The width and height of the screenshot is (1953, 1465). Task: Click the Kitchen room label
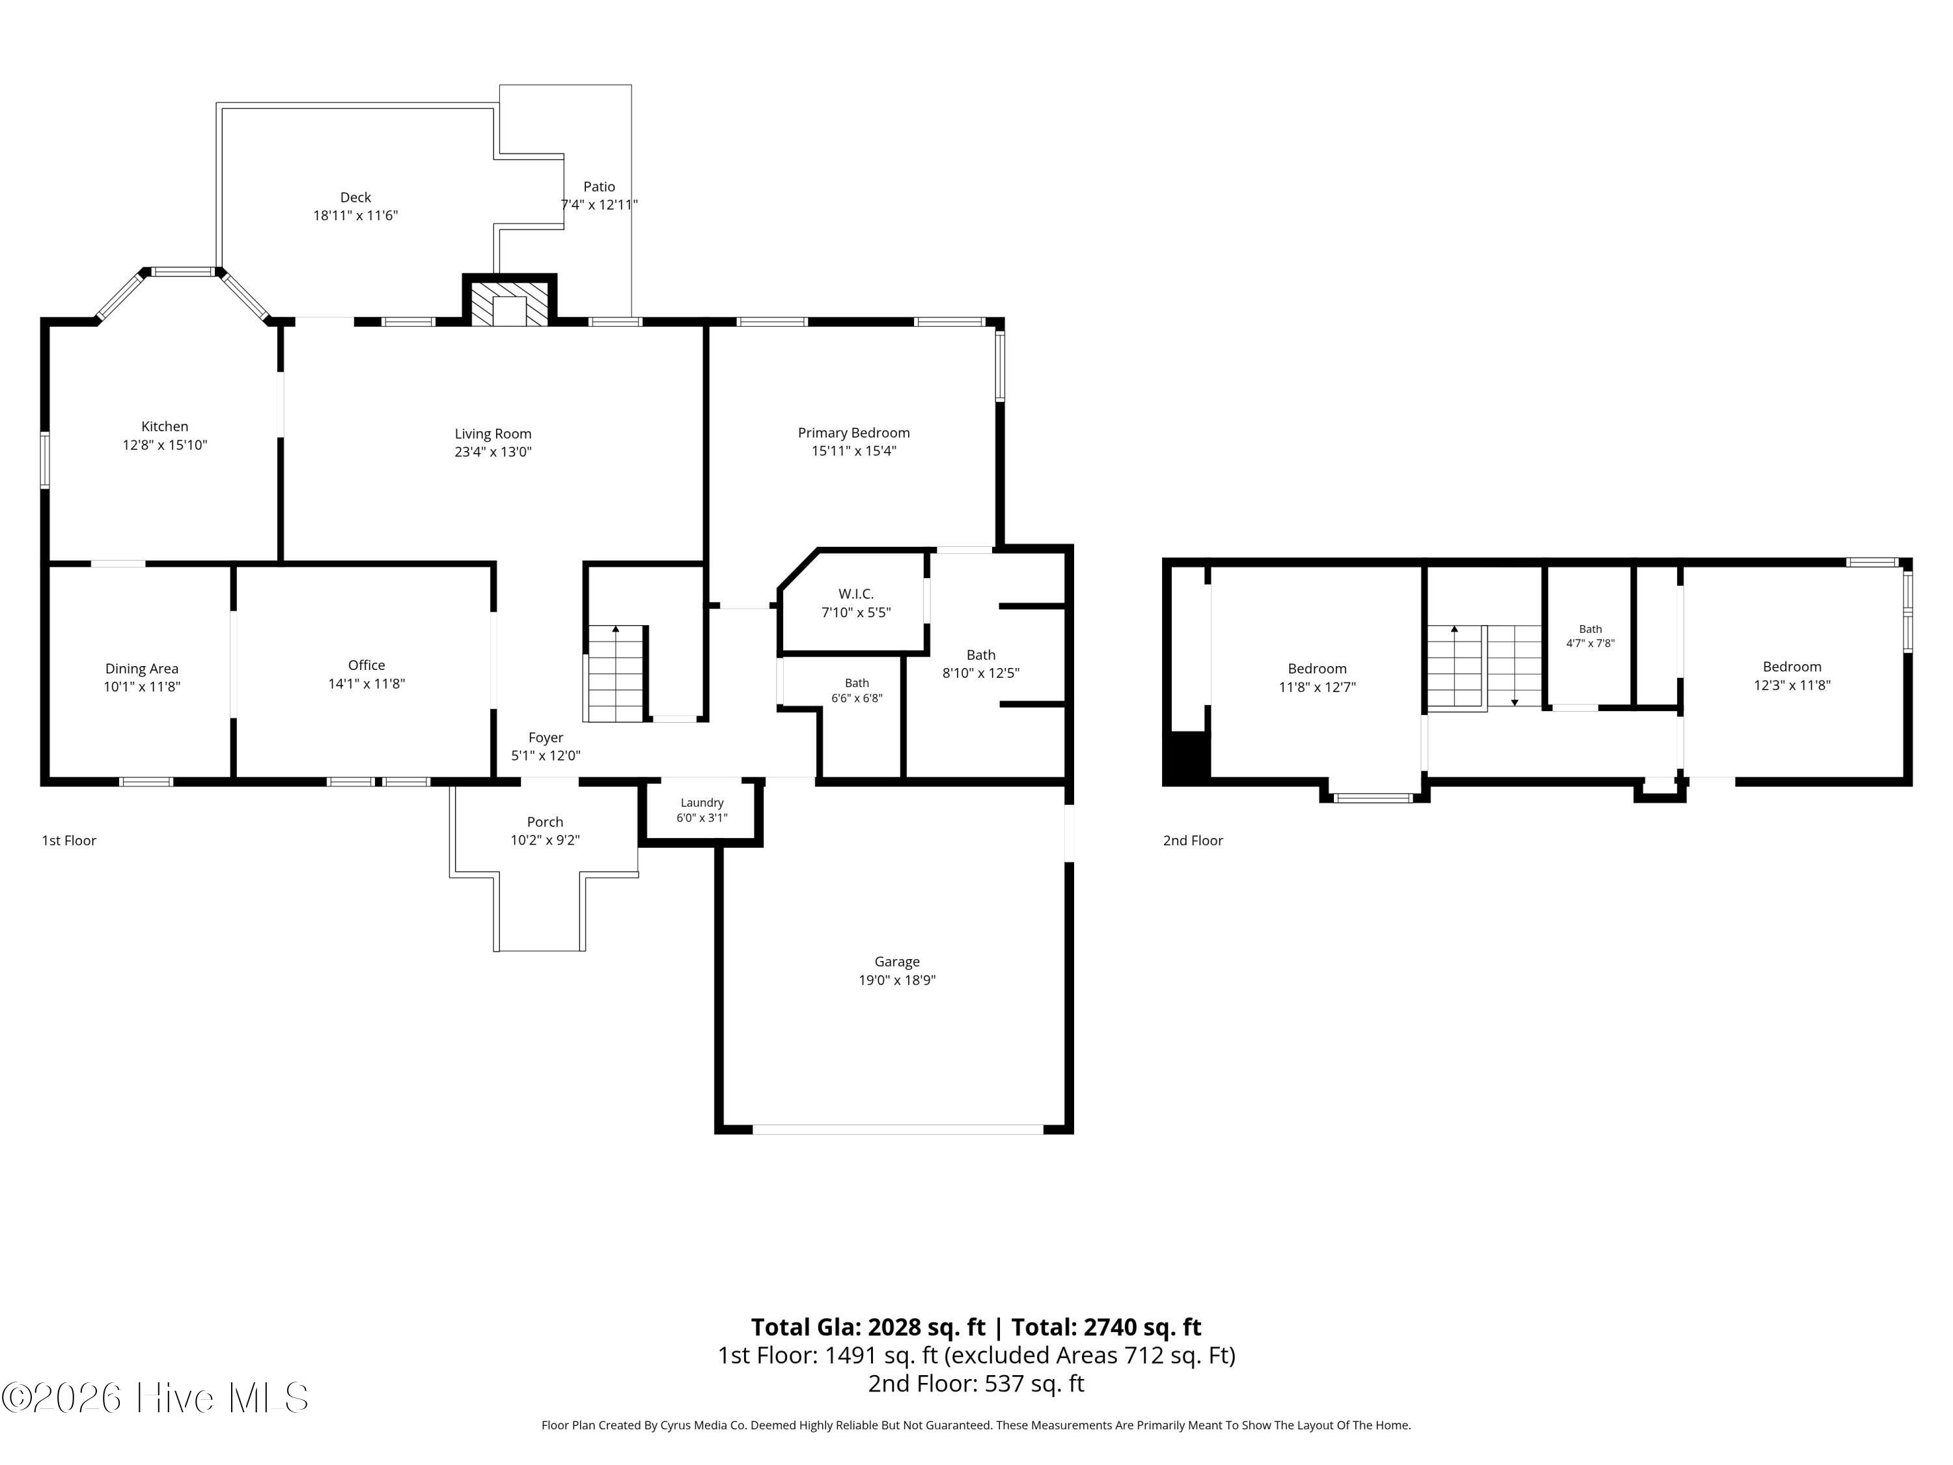tap(165, 426)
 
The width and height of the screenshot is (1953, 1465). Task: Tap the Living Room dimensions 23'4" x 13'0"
tap(493, 452)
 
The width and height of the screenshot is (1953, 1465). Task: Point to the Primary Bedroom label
tap(853, 433)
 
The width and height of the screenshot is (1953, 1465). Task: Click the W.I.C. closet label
tap(855, 594)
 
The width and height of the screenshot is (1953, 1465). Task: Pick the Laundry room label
tap(702, 803)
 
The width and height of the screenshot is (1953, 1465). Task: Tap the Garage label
tap(897, 962)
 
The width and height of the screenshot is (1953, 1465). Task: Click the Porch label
tap(545, 822)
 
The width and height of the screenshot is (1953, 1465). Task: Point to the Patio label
tap(599, 186)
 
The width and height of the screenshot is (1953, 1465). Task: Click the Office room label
tap(367, 665)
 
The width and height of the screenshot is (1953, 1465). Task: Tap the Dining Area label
tap(142, 669)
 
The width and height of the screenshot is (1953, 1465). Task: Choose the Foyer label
tap(546, 737)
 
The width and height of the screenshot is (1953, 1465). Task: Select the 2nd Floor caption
tap(1193, 841)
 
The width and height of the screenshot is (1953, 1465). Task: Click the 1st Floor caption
tap(69, 841)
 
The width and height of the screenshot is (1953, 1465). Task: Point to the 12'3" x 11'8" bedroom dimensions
tap(1792, 685)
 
